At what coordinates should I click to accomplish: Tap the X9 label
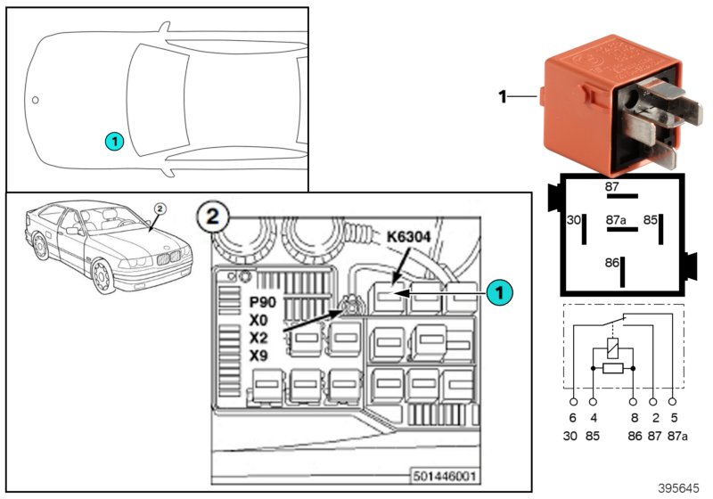259,356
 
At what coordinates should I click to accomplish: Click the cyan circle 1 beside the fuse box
500,291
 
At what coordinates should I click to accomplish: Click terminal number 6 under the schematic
573,416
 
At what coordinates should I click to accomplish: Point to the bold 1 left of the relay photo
503,95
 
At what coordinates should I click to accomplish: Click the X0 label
259,321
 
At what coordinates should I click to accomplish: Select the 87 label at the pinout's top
611,187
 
